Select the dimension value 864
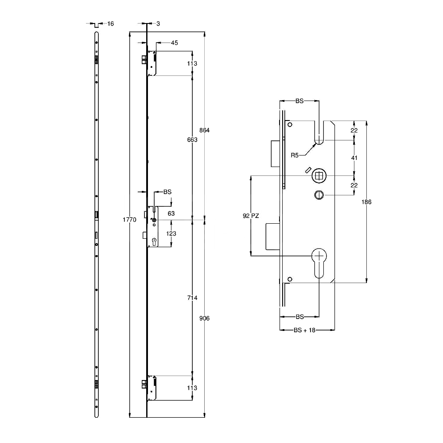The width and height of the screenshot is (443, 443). [204, 130]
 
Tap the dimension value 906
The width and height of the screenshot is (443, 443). [204, 319]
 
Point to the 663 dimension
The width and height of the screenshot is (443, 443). [192, 140]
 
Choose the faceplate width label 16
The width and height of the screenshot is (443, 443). [110, 23]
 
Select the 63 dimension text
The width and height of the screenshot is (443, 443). [171, 214]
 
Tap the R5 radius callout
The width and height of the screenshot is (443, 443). [295, 155]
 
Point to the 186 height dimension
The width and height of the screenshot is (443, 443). [366, 202]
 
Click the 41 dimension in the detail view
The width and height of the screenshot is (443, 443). [354, 158]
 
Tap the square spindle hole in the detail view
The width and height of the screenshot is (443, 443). [318, 176]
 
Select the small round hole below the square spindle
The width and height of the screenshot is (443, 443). [318, 194]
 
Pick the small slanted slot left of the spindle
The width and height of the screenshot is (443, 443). [307, 171]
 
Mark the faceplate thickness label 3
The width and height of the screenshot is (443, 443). [158, 23]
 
